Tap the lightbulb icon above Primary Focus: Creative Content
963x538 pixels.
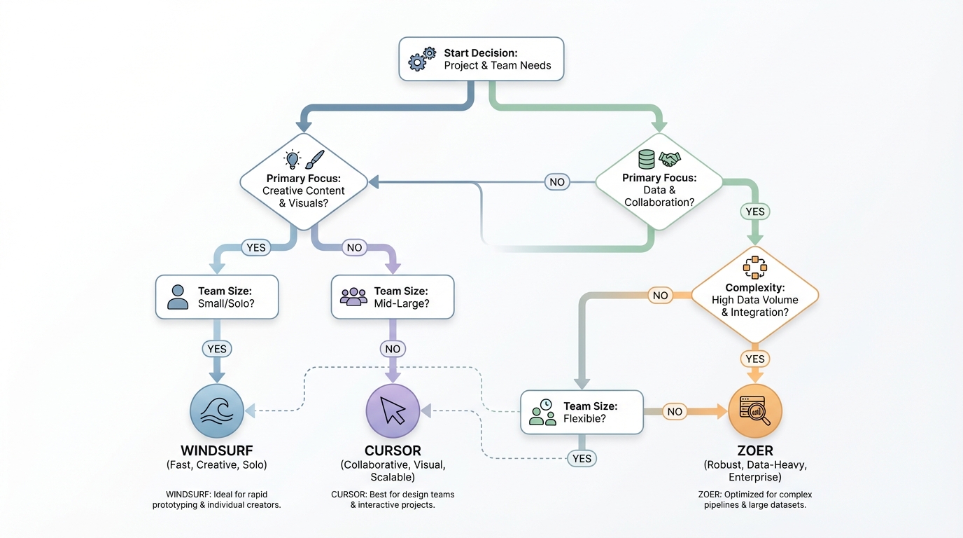click(292, 159)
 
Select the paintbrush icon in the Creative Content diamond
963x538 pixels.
click(315, 159)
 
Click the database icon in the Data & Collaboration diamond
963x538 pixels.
click(646, 158)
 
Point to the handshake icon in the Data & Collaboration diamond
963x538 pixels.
click(670, 159)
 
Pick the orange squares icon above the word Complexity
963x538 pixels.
click(754, 268)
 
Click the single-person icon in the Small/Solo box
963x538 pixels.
click(178, 297)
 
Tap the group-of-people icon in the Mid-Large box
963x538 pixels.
click(353, 296)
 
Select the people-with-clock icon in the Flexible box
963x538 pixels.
click(542, 412)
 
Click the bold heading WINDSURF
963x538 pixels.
click(217, 450)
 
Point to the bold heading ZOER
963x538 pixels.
click(754, 450)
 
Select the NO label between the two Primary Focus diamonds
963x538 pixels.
click(556, 182)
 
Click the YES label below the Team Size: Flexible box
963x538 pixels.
click(582, 459)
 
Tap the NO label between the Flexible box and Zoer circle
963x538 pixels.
click(675, 411)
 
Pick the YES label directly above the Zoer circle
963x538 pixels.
click(755, 359)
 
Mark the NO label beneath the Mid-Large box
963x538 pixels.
click(393, 349)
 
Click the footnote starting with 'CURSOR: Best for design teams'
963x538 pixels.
click(393, 499)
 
